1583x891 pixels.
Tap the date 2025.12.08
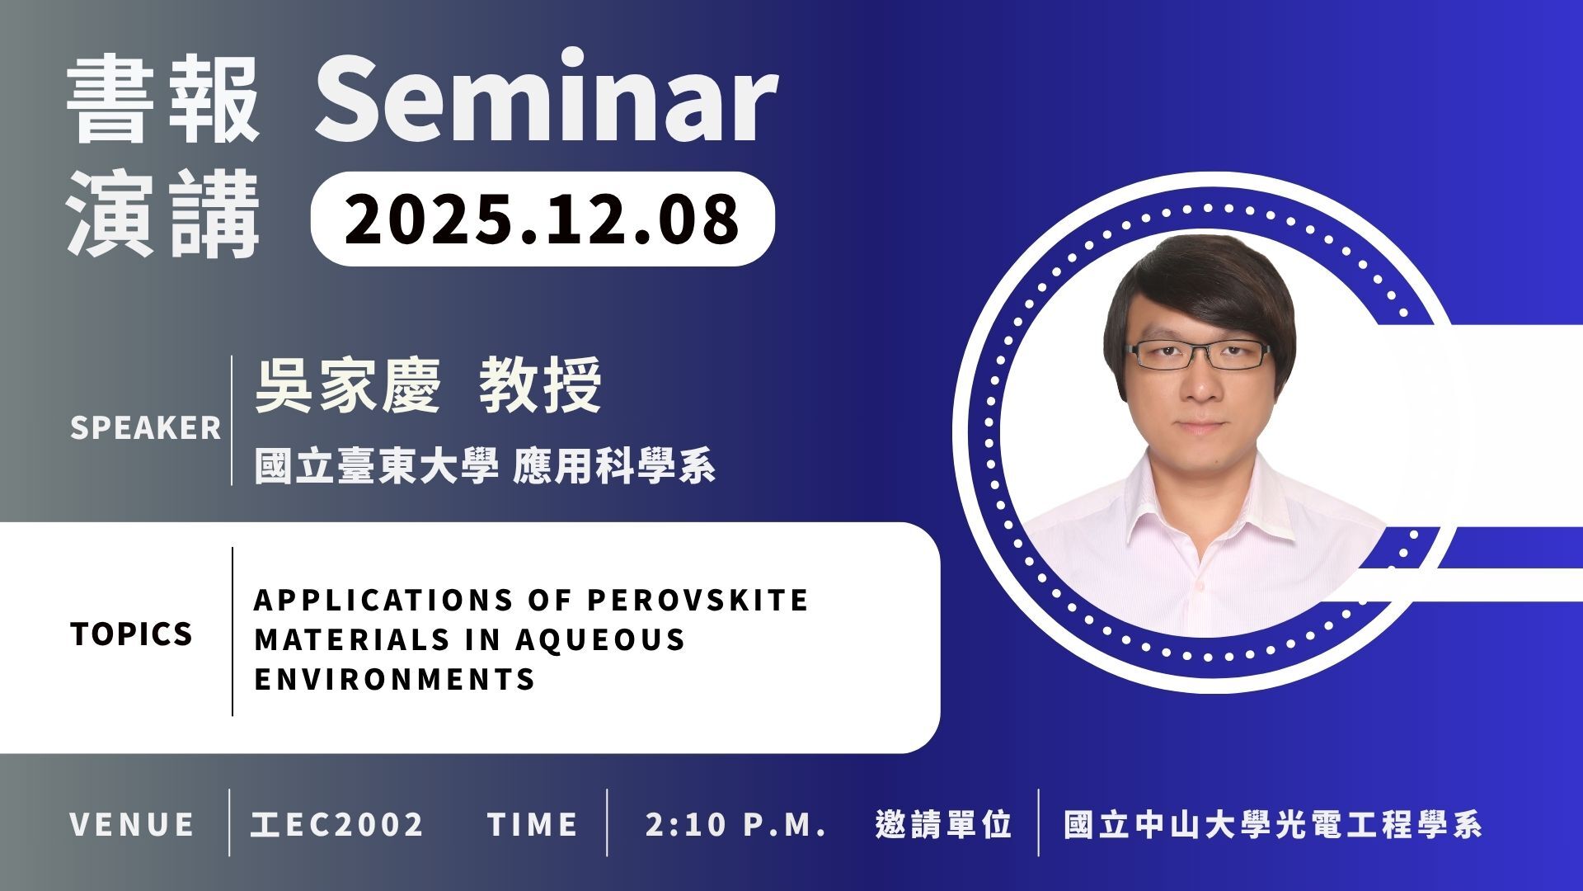542,219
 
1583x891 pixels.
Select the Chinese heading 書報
163,99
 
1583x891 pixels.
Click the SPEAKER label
146,428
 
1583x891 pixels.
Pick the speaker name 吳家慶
348,385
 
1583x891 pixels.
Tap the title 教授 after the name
541,385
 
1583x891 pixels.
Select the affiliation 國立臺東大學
377,466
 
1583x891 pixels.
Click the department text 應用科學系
614,466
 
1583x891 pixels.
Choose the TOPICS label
132,634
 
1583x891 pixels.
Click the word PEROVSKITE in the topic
698,600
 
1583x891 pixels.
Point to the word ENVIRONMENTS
395,679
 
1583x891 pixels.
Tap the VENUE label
132,824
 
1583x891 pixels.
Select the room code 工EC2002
337,824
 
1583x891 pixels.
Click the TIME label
533,824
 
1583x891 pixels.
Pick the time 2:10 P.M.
736,824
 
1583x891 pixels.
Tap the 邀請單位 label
944,824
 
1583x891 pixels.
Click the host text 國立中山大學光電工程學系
1273,824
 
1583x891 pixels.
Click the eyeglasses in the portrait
1198,355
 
